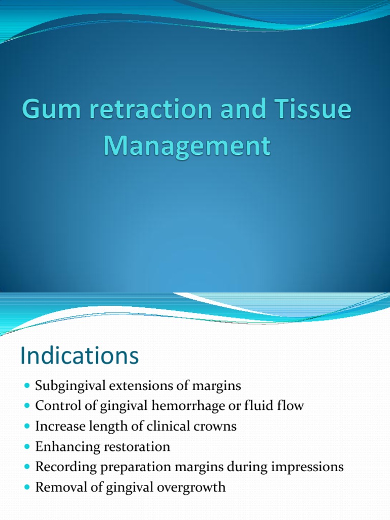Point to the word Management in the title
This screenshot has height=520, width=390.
click(186, 146)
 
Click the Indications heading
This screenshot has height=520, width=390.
click(79, 356)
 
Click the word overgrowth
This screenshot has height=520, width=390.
click(196, 487)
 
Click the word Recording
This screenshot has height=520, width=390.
click(63, 467)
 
